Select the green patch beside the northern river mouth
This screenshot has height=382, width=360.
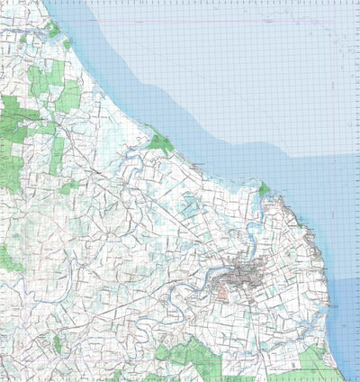[x=264, y=190]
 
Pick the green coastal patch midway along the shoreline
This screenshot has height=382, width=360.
[x=160, y=142]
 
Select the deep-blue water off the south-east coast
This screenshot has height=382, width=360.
[x=346, y=297]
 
